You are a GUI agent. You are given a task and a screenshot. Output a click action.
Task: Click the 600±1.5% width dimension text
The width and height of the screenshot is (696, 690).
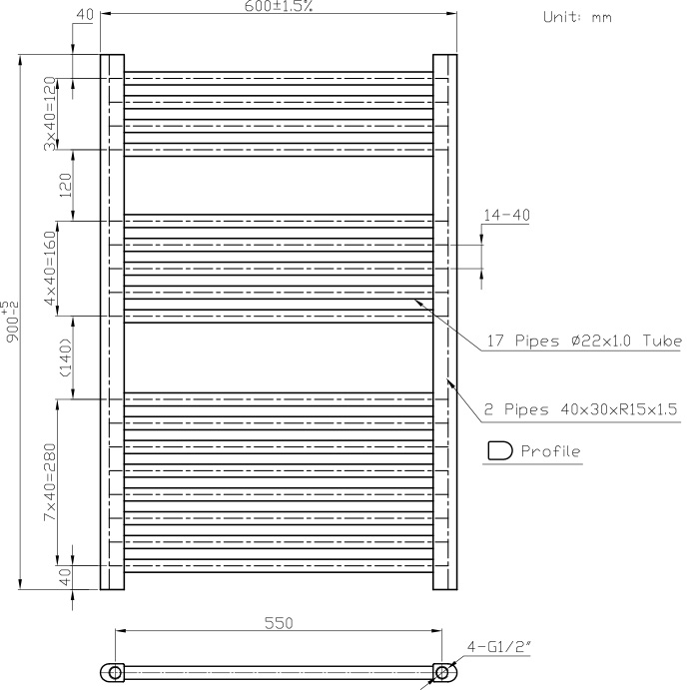(279, 6)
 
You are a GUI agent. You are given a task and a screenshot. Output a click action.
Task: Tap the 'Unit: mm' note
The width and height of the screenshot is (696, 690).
(577, 17)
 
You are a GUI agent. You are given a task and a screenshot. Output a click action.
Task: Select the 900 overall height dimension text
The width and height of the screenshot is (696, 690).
(12, 322)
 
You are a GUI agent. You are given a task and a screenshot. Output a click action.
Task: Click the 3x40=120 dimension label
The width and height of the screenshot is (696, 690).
(50, 114)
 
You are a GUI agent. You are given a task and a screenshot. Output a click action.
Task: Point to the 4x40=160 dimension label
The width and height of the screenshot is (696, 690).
(50, 268)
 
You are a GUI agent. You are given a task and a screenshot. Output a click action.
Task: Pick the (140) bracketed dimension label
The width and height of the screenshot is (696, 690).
(65, 357)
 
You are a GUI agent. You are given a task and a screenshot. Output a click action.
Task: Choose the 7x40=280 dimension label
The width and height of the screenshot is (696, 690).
(50, 482)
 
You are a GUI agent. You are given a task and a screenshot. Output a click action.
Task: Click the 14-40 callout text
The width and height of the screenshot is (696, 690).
(506, 216)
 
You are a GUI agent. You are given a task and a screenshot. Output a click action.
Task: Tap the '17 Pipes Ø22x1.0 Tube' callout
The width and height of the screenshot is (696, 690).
(584, 341)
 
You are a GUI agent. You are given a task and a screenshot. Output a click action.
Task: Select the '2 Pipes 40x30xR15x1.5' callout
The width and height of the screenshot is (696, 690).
(580, 409)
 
